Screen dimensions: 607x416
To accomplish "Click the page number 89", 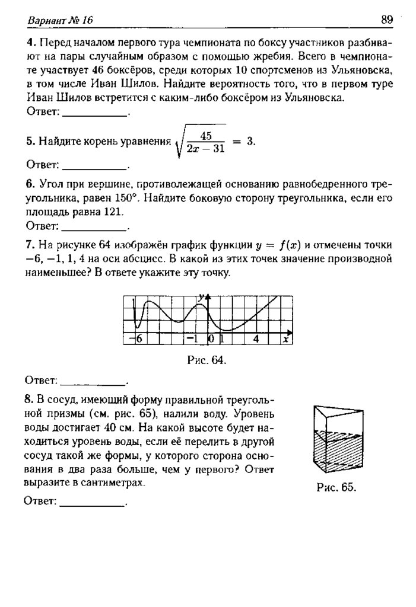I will (387, 20).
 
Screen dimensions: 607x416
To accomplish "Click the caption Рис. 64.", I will (207, 360).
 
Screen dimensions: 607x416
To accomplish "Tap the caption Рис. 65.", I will (336, 487).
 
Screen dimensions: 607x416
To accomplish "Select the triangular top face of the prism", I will (336, 411).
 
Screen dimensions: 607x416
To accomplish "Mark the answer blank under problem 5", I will (94, 164).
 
